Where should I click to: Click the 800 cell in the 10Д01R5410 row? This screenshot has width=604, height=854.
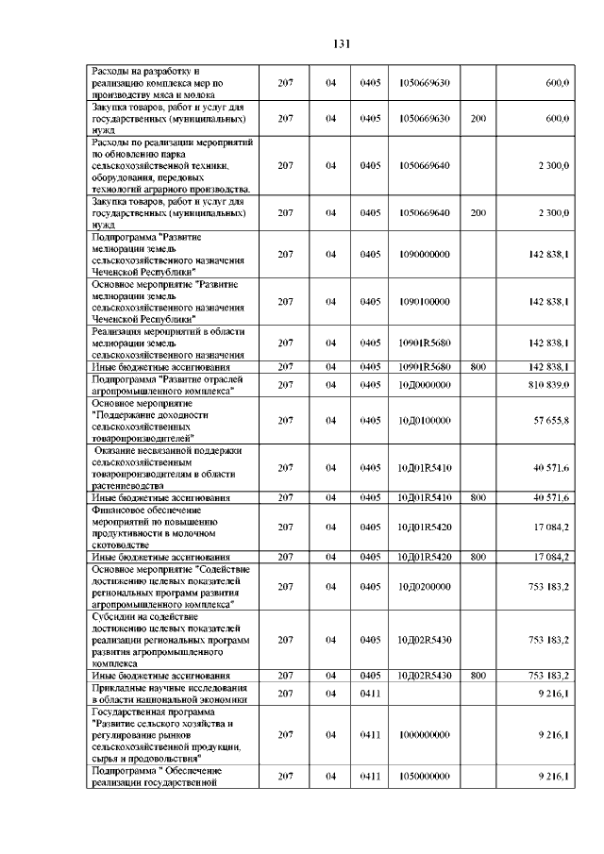pyautogui.click(x=478, y=496)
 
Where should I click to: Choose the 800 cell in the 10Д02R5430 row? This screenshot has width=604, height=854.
pyautogui.click(x=478, y=676)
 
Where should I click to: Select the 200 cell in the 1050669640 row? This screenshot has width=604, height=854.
pyautogui.click(x=478, y=213)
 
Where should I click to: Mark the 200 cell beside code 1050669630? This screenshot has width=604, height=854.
pyautogui.click(x=478, y=119)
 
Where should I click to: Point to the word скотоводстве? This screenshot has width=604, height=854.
pyautogui.click(x=120, y=545)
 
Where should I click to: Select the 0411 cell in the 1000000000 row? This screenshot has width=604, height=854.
pyautogui.click(x=369, y=734)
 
